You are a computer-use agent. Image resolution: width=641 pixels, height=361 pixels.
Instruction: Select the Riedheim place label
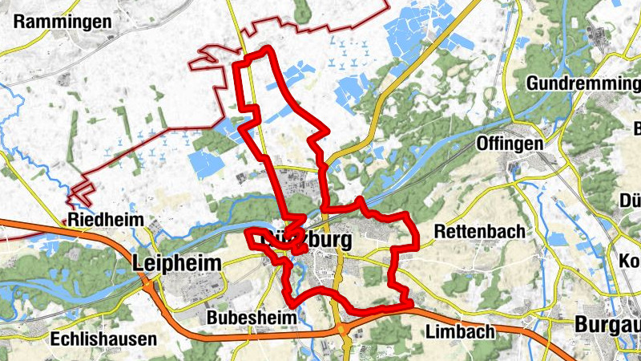click(x=106, y=219)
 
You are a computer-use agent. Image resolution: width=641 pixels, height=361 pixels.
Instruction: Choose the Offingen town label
click(x=510, y=143)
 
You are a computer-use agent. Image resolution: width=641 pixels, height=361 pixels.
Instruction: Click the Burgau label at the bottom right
click(x=607, y=324)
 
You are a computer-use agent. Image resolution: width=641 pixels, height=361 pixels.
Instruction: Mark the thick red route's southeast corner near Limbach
click(x=409, y=303)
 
